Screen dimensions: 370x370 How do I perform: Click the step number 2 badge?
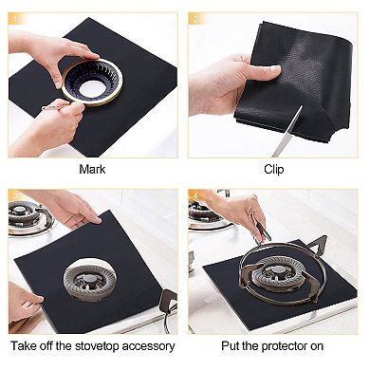pyautogui.click(x=194, y=18)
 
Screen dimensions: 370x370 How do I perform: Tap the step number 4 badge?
pyautogui.click(x=194, y=196)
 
